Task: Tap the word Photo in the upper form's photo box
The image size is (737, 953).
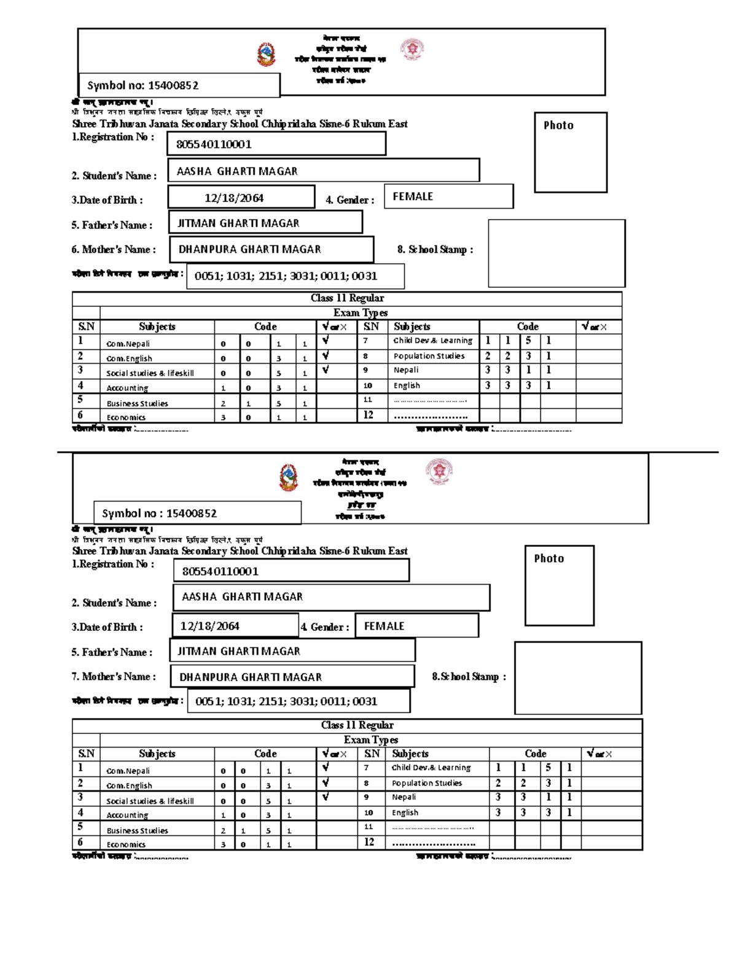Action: (558, 125)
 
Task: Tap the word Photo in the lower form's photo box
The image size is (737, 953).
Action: (548, 558)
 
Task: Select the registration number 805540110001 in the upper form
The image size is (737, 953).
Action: (214, 145)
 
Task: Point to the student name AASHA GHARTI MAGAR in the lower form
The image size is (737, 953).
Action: (242, 597)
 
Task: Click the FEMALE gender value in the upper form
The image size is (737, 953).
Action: (413, 197)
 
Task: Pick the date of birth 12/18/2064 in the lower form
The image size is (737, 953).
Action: (210, 627)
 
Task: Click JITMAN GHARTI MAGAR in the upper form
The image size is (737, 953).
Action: (238, 223)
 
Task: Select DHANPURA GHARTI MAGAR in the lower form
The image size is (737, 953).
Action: (251, 677)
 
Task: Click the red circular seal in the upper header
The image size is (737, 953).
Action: (412, 49)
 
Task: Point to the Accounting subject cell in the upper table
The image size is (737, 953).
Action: (127, 388)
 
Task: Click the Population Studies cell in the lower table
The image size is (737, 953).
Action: (427, 784)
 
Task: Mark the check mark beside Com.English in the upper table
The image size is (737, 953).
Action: (326, 355)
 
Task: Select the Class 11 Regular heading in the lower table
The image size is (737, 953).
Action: (357, 725)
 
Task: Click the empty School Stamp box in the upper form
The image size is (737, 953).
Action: (556, 253)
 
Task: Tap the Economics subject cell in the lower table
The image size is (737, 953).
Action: (126, 845)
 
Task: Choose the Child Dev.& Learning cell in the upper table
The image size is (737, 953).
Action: (433, 341)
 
